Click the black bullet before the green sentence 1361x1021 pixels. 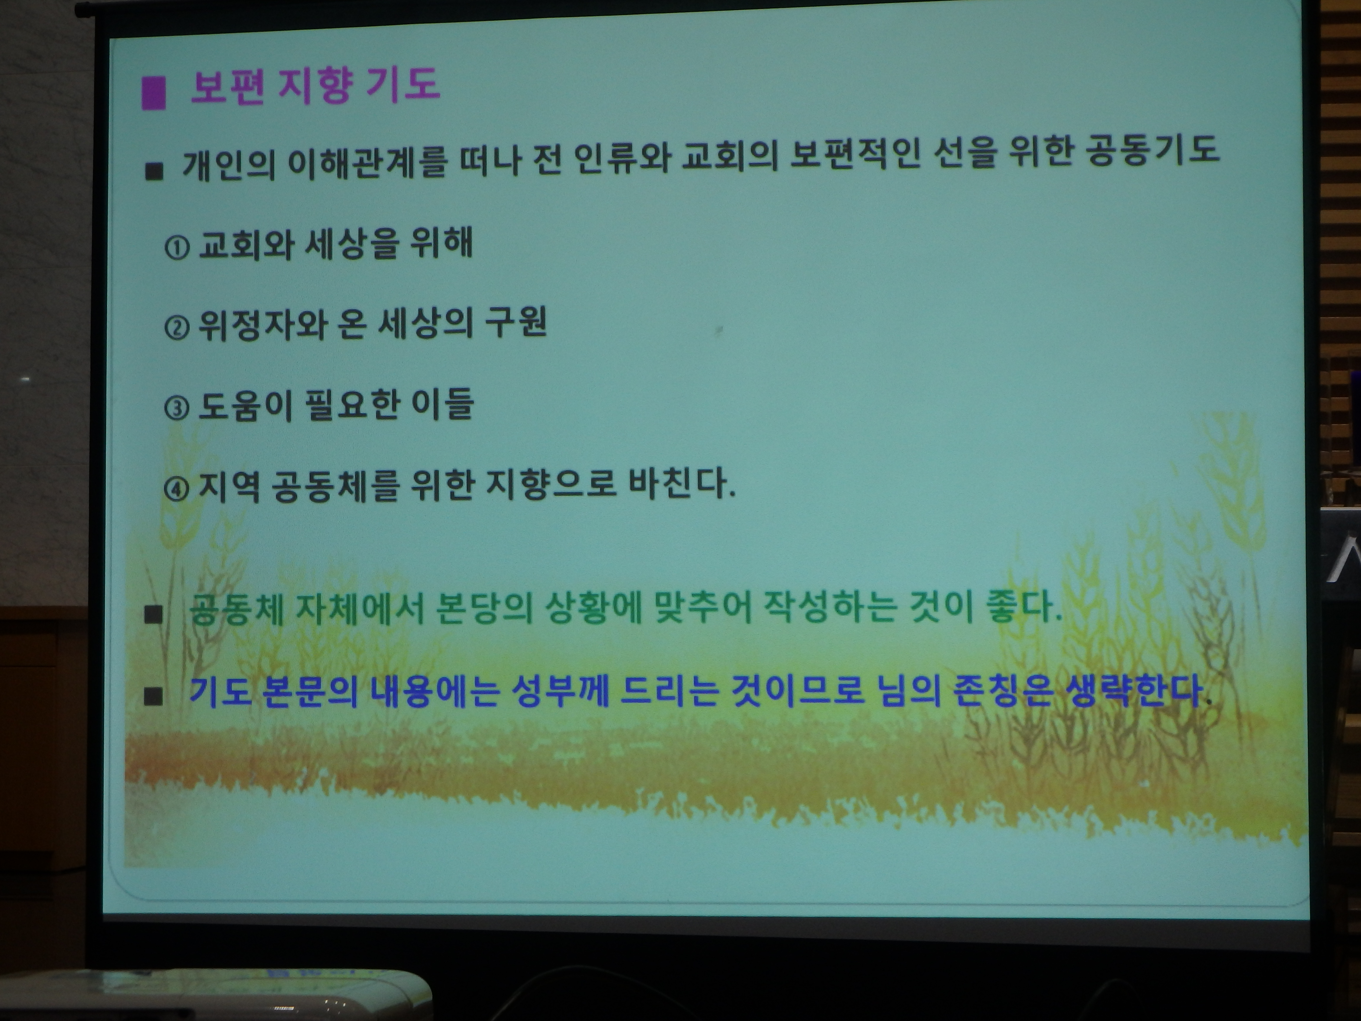(x=153, y=614)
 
